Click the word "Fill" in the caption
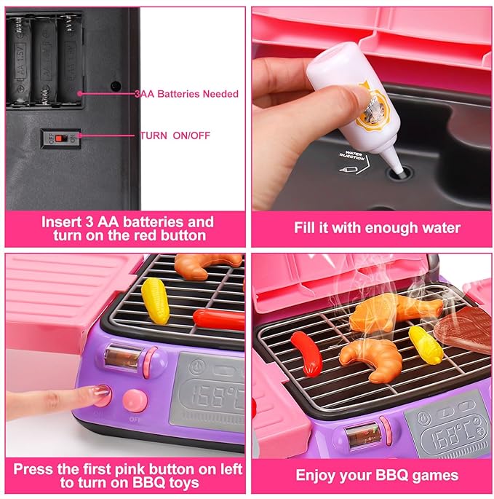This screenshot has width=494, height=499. pos(306,228)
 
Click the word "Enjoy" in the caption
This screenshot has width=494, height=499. pos(316,476)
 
